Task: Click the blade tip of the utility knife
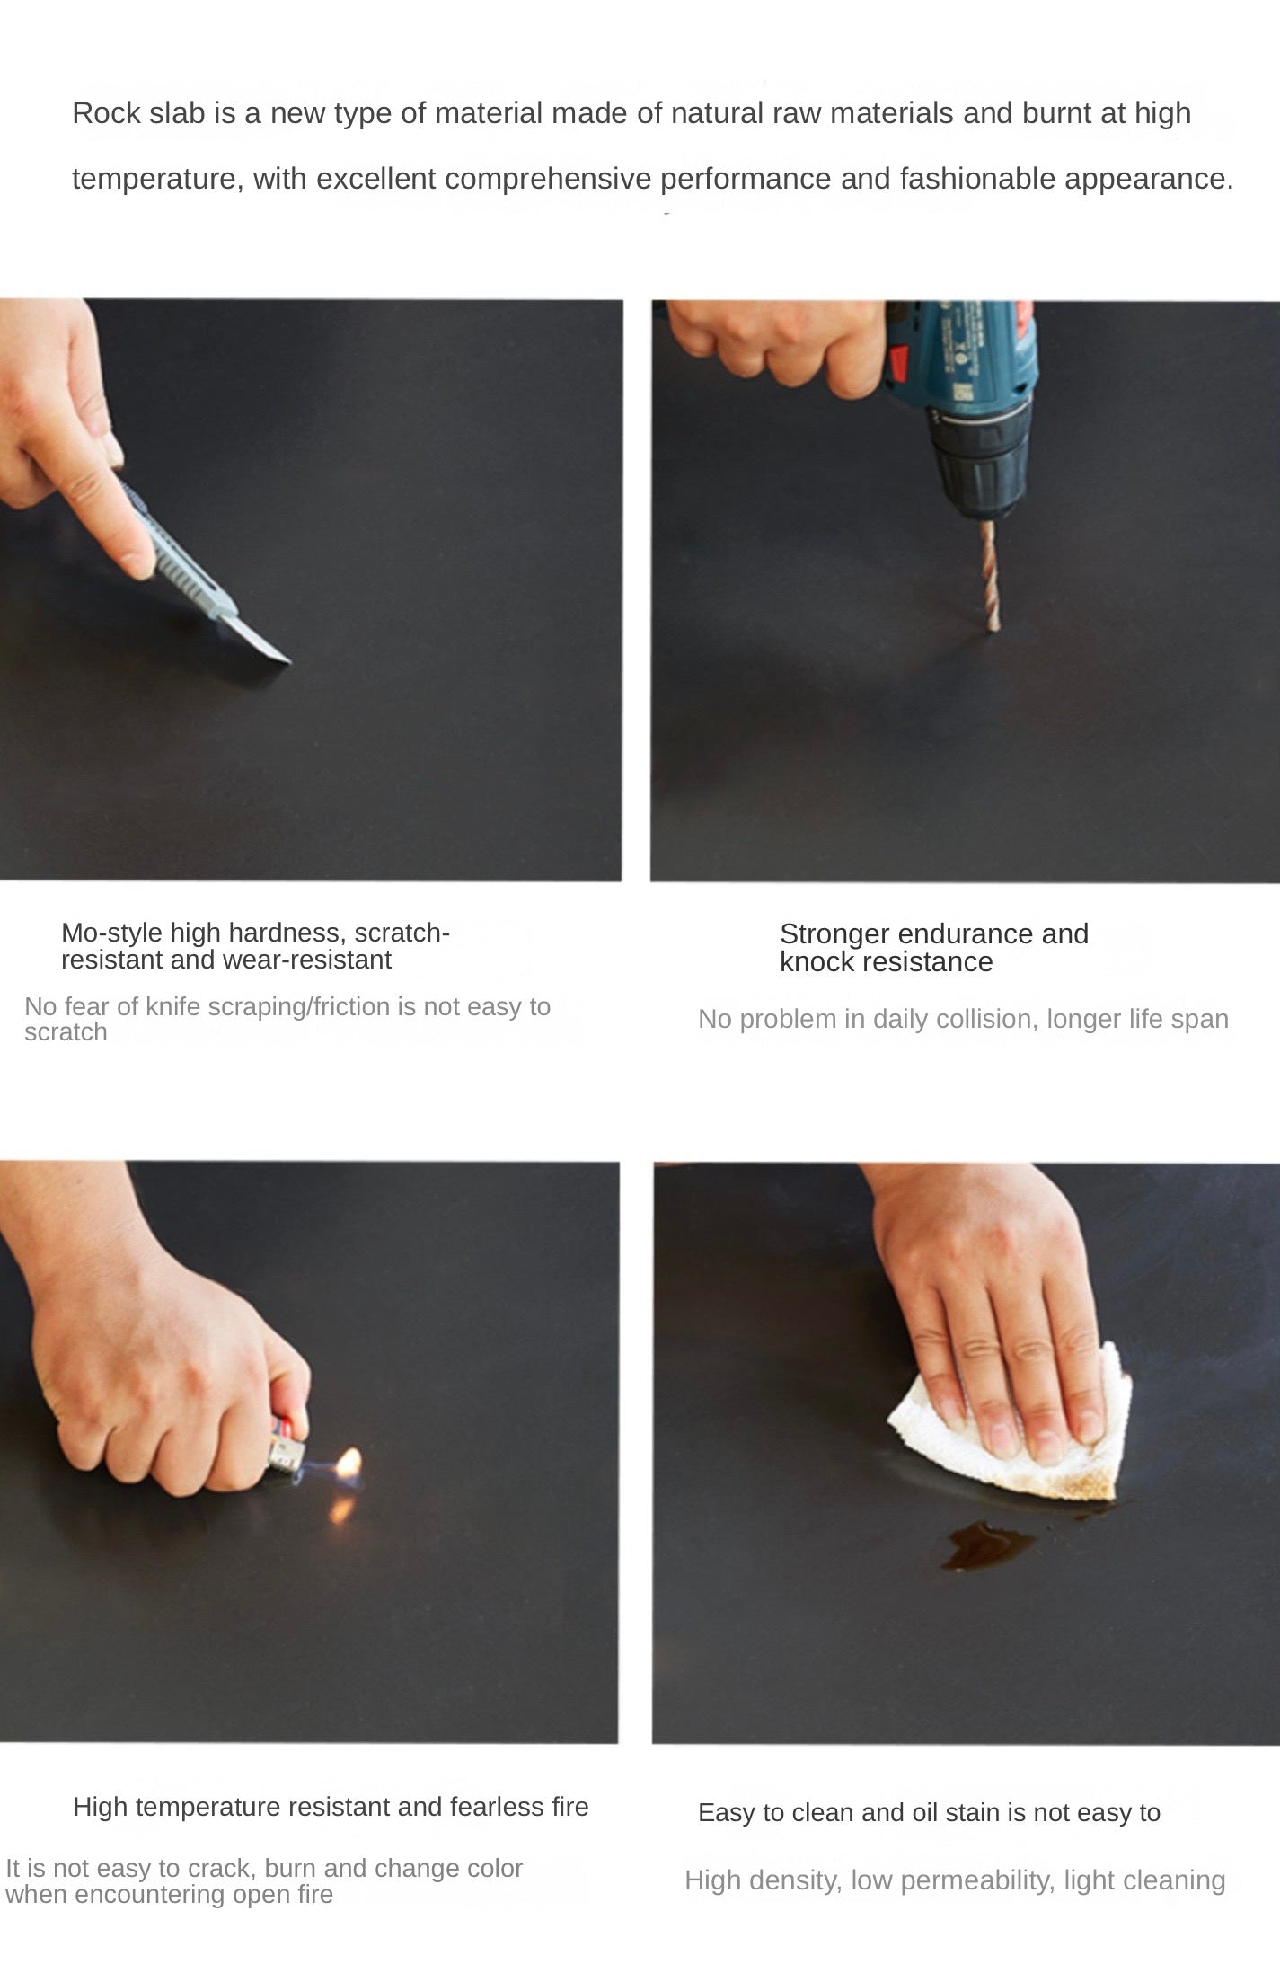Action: coord(290,662)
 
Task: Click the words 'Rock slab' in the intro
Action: coord(138,113)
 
